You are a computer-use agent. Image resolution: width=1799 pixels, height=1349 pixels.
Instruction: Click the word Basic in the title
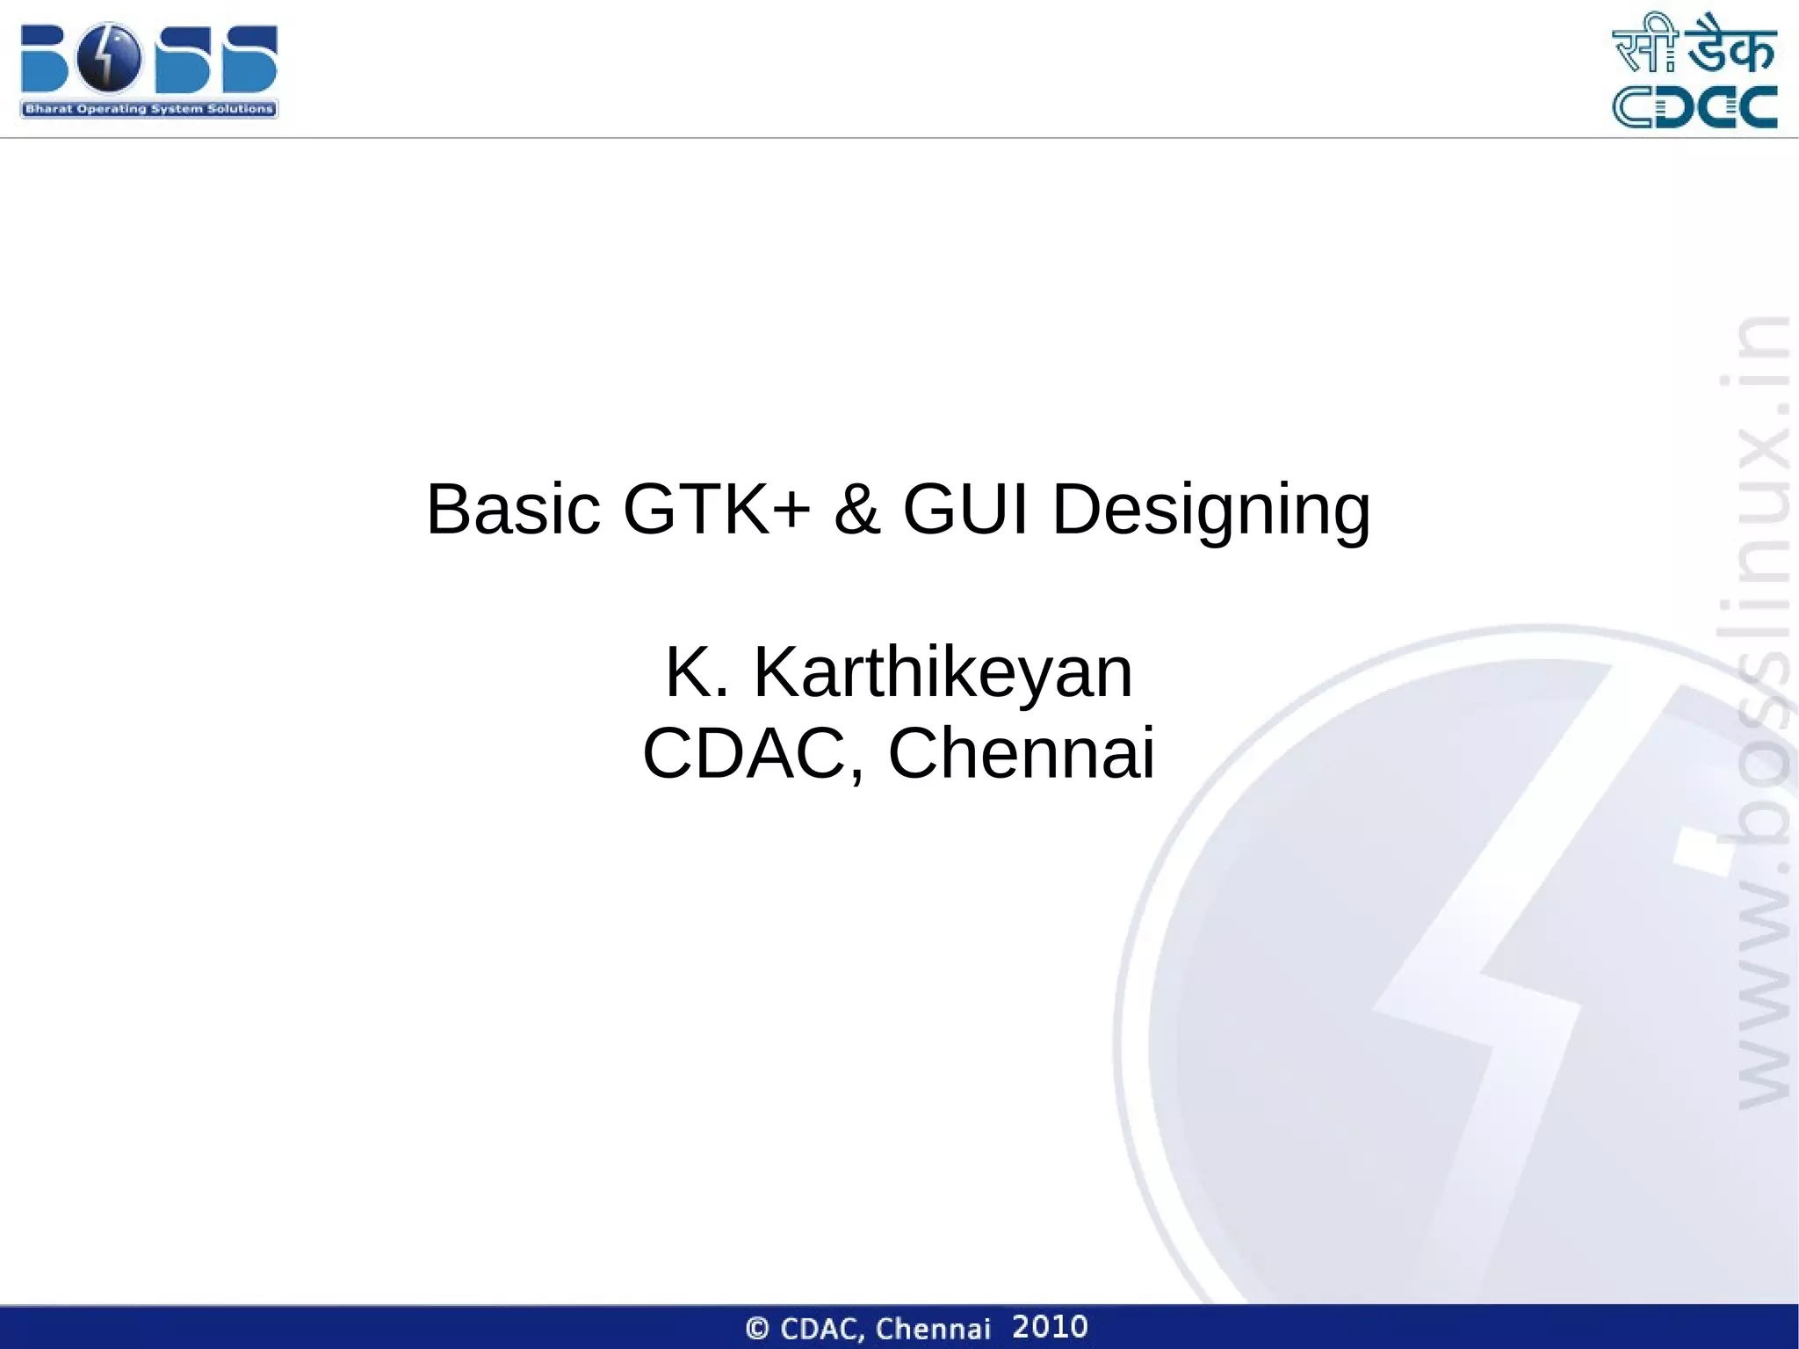pyautogui.click(x=513, y=510)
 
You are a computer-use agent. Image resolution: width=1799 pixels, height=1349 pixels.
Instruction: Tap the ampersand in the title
pyautogui.click(x=856, y=510)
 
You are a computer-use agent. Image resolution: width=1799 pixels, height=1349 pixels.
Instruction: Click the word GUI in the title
pyautogui.click(x=965, y=510)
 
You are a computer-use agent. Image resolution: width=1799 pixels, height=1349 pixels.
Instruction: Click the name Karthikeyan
pyautogui.click(x=943, y=673)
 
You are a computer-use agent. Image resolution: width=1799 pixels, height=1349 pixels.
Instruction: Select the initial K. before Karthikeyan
pyautogui.click(x=697, y=673)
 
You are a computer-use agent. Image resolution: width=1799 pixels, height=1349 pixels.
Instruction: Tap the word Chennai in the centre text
pyautogui.click(x=1021, y=754)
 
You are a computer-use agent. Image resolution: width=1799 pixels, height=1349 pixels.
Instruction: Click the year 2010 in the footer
pyautogui.click(x=1050, y=1326)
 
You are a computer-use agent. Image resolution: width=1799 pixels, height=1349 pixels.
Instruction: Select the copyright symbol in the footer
pyautogui.click(x=757, y=1328)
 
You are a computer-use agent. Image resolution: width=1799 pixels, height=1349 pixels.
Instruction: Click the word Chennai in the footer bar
pyautogui.click(x=933, y=1328)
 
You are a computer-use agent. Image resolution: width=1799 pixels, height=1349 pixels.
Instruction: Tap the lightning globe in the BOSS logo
pyautogui.click(x=109, y=58)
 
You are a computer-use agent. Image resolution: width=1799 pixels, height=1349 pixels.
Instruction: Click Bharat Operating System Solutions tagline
pyautogui.click(x=148, y=109)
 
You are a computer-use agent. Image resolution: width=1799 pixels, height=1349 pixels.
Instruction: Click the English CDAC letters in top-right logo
pyautogui.click(x=1694, y=107)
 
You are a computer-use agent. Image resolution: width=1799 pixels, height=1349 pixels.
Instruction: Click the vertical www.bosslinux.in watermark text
pyautogui.click(x=1764, y=712)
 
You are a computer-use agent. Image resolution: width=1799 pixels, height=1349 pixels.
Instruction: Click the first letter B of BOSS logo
pyautogui.click(x=44, y=58)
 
